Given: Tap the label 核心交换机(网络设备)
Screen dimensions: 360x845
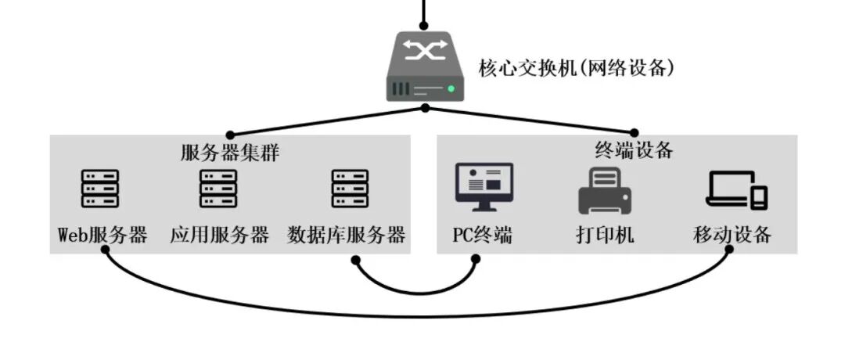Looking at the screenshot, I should tap(577, 68).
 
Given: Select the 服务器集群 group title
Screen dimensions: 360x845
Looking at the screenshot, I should tap(229, 153).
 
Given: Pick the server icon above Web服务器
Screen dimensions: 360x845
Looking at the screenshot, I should tap(100, 189).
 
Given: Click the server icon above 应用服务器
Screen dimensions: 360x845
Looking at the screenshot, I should tap(218, 189).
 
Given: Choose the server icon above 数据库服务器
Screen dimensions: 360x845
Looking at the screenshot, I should tap(350, 189).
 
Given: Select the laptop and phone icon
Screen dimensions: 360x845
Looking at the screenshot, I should tap(736, 189).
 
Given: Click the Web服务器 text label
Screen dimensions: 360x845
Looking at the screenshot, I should tap(102, 235).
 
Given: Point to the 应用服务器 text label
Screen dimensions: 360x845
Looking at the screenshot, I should tap(219, 235).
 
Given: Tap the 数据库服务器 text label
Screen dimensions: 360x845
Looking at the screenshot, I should tap(347, 235).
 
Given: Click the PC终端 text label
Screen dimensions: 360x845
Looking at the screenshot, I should tap(483, 235).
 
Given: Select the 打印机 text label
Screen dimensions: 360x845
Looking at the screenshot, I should tap(605, 235).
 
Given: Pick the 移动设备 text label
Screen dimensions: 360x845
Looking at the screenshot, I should tap(732, 235).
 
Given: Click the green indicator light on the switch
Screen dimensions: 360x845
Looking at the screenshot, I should tap(452, 89).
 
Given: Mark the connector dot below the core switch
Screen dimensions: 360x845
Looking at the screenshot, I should tap(425, 108).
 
